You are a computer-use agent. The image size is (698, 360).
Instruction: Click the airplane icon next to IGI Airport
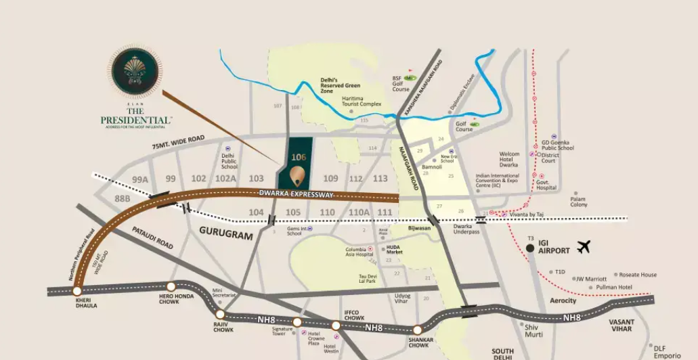coord(584,247)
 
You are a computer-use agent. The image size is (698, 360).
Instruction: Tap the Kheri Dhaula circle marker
coord(77,291)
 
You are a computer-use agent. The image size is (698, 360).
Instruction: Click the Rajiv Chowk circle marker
coord(220,314)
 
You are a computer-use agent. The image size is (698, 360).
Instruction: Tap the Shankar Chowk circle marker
coord(417,330)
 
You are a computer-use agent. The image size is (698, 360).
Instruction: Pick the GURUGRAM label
coord(225,236)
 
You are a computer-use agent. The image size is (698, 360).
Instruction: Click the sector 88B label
coord(123,199)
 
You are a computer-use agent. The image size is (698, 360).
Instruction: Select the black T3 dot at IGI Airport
coord(529,249)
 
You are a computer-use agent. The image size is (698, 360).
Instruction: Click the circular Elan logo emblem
coord(134,70)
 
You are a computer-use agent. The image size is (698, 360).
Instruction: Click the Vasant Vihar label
coord(620,325)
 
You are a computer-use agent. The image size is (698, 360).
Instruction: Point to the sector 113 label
coord(380,179)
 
